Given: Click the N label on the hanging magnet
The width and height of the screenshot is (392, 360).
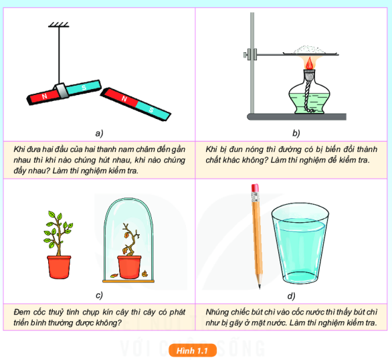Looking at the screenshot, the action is click(45, 96).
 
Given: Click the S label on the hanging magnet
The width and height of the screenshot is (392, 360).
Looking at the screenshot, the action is click(84, 88).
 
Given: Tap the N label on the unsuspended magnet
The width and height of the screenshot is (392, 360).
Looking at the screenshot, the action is click(124, 99).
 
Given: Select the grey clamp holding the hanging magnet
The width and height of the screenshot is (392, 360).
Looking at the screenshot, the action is click(62, 91).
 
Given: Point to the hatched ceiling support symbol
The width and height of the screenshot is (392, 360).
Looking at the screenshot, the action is click(58, 25).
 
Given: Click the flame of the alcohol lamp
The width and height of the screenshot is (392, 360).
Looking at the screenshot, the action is click(310, 64).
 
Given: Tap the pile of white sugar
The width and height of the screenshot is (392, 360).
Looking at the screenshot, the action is click(310, 50).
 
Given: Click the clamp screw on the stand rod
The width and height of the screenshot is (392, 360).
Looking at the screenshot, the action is click(246, 54).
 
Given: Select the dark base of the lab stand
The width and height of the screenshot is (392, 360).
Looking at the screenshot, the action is click(297, 116).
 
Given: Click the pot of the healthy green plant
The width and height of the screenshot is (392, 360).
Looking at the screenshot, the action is click(59, 267).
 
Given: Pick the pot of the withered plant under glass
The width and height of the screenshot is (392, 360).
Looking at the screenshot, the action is click(129, 267).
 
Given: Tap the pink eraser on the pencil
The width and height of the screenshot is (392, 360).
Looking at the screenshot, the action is click(255, 188).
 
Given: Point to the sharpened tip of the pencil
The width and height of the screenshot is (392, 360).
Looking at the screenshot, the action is click(260, 288).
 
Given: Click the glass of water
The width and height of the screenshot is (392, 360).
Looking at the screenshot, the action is click(300, 244).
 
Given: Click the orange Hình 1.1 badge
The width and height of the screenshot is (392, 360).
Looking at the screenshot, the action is click(193, 351).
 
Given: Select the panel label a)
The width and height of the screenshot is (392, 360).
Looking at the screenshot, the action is click(99, 133).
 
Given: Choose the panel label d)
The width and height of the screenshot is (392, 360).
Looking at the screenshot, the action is click(291, 296).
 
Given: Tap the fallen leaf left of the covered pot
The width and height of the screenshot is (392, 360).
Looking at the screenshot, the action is click(114, 276).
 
